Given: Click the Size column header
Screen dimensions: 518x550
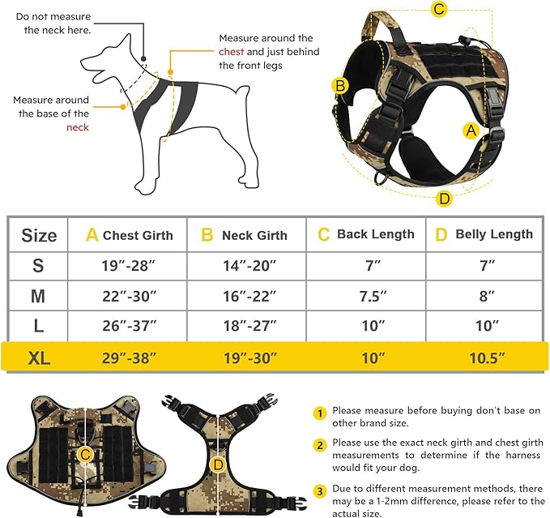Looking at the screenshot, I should [x=39, y=235].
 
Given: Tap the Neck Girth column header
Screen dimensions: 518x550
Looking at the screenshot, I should [x=245, y=235].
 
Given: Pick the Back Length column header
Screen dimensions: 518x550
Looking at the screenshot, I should [x=366, y=234].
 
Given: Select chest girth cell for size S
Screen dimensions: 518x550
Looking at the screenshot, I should [x=127, y=265].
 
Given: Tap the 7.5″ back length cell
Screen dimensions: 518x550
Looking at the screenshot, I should [x=368, y=296].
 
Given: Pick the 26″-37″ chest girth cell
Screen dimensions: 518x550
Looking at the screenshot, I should [x=127, y=326].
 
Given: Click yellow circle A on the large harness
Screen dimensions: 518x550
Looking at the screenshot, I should [x=471, y=130].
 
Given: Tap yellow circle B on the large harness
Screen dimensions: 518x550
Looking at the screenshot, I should [x=340, y=85].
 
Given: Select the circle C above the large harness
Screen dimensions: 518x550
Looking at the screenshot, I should [x=439, y=10].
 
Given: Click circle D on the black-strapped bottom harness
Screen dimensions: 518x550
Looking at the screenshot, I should [x=217, y=464].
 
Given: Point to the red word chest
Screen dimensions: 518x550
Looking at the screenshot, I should [x=231, y=52].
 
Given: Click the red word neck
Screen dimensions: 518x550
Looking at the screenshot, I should [x=78, y=127].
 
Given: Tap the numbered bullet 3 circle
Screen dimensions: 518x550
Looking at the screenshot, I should [x=321, y=490].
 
